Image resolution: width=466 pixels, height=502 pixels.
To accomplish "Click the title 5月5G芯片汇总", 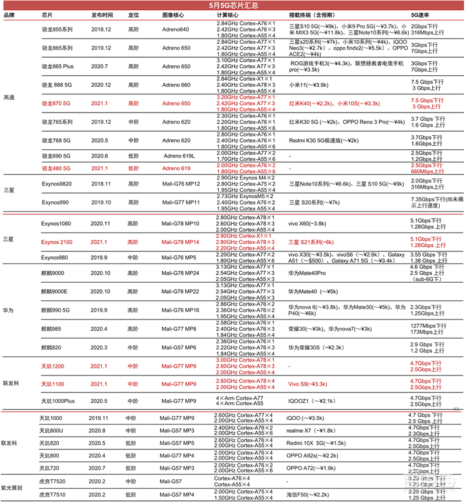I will [233, 5].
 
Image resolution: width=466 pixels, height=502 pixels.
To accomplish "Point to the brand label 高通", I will [10, 97].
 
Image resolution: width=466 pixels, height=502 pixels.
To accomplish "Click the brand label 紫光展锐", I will [13, 488].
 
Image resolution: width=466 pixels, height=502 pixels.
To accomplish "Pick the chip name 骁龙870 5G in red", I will [56, 103].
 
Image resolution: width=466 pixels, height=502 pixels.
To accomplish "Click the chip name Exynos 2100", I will [57, 241].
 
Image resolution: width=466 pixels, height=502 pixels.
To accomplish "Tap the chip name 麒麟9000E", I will [55, 291].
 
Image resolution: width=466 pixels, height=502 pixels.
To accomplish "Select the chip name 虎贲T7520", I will [53, 482].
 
